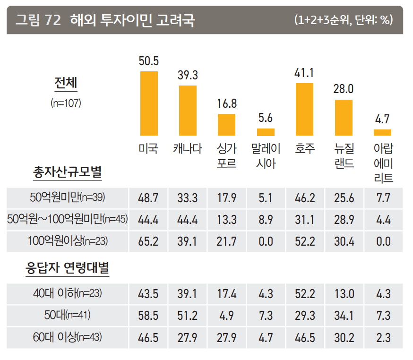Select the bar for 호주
pyautogui.click(x=304, y=109)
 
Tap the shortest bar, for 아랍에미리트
pyautogui.click(x=382, y=132)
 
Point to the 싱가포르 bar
pyautogui.click(x=226, y=125)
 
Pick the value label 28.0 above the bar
pyautogui.click(x=344, y=89)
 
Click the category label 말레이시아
pyautogui.click(x=266, y=156)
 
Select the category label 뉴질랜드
pyautogui.click(x=344, y=156)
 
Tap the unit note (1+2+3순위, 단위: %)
pyautogui.click(x=343, y=20)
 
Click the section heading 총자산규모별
pyautogui.click(x=67, y=172)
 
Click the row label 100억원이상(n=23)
pyautogui.click(x=68, y=241)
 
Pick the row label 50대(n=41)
pyautogui.click(x=68, y=315)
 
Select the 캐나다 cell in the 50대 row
pyautogui.click(x=188, y=315)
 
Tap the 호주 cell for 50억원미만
pyautogui.click(x=305, y=197)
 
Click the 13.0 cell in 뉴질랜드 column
pyautogui.click(x=344, y=293)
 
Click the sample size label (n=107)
pyautogui.click(x=66, y=103)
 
